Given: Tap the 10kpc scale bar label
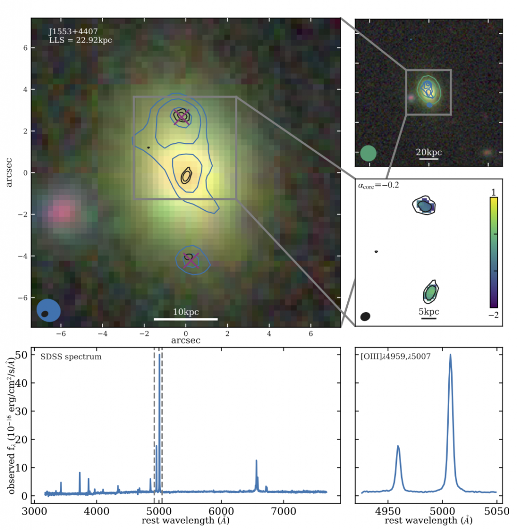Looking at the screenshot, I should [186, 312].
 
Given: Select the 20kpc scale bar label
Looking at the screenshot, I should [429, 153].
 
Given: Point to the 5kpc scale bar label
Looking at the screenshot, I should [429, 312].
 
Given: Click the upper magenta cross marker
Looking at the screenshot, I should [181, 116].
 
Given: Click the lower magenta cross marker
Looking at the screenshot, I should [190, 260].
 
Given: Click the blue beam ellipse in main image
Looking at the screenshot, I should [49, 311].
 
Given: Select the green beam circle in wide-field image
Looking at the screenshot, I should [368, 154].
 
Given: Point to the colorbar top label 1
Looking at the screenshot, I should [494, 192].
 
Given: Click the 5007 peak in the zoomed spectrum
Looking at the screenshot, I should [450, 356].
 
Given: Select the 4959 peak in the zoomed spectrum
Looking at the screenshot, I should [398, 446].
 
